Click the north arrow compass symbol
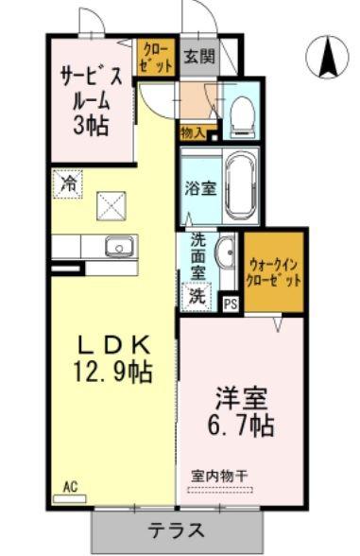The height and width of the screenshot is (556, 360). (327, 59)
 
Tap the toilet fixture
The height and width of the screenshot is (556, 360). (242, 115)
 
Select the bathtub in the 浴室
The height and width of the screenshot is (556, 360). (241, 187)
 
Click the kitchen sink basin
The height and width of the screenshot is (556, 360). (119, 246)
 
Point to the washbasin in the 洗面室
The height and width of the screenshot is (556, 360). (227, 253)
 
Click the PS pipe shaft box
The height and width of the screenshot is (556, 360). (231, 304)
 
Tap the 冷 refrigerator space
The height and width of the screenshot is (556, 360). (68, 183)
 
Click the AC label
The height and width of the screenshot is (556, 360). (70, 487)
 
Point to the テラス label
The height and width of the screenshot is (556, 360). (176, 530)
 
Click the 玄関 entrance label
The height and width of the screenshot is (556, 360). (200, 56)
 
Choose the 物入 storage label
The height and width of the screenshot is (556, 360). (193, 133)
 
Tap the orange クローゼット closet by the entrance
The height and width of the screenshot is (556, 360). (156, 57)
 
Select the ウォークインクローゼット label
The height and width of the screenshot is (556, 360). (275, 272)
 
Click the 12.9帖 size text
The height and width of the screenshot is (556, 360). (112, 372)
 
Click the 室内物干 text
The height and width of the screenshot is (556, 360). (219, 476)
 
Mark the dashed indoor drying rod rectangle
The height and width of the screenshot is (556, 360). (219, 491)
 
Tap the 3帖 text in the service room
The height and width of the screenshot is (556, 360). (91, 126)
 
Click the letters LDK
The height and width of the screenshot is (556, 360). (113, 344)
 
